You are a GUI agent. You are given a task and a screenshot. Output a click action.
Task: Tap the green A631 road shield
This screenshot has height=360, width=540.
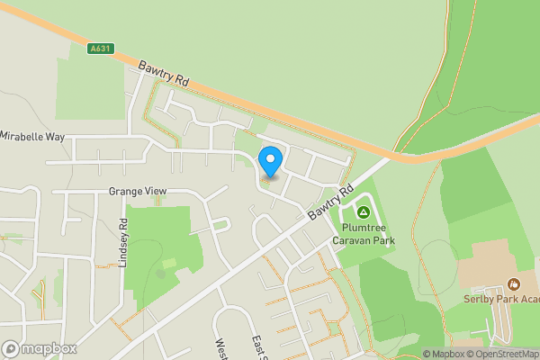click(x=101, y=49)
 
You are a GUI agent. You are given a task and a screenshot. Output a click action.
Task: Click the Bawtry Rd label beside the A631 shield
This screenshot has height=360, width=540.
click(x=164, y=74)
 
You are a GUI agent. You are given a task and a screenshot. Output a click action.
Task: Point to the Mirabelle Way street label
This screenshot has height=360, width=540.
click(x=33, y=137)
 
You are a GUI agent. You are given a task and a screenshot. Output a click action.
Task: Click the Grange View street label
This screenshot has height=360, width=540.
click(x=138, y=192)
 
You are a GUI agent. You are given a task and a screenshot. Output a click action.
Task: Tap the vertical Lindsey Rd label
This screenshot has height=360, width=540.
click(x=124, y=242)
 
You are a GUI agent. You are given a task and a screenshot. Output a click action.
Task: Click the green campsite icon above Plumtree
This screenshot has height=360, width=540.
click(x=364, y=212)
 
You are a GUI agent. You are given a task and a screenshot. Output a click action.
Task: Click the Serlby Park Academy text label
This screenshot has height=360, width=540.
click(x=500, y=300)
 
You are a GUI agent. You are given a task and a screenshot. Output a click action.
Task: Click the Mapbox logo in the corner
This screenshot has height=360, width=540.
click(x=40, y=348)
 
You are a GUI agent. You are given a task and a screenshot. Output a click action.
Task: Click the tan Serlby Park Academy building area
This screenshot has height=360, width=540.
click(x=486, y=261)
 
